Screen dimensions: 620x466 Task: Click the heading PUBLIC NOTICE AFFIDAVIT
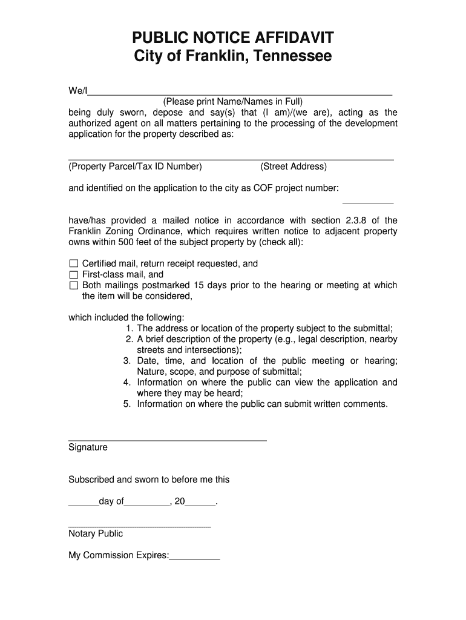click(x=233, y=39)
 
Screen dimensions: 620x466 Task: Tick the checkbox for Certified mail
click(x=74, y=263)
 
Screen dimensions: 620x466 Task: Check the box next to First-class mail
click(x=74, y=274)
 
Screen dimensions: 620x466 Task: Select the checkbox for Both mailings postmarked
click(x=74, y=285)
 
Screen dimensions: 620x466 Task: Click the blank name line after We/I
click(x=240, y=93)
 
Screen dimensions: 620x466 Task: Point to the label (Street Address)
click(x=294, y=167)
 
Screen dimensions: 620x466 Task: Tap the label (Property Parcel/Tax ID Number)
click(x=135, y=167)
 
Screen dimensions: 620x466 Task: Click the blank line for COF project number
click(x=368, y=201)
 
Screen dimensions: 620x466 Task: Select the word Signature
click(x=88, y=447)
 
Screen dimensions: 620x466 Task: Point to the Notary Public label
click(x=96, y=533)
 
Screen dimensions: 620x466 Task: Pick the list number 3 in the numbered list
click(x=127, y=361)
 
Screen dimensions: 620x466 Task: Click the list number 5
click(x=127, y=404)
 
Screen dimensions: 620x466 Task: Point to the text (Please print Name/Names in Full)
click(x=232, y=102)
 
